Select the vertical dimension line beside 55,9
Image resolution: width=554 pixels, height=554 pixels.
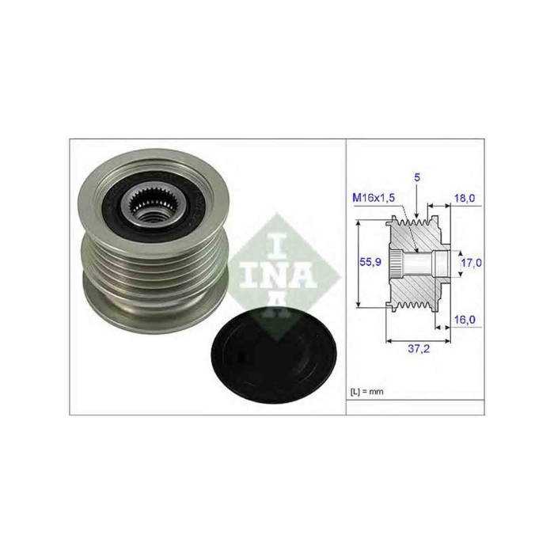click(360, 264)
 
